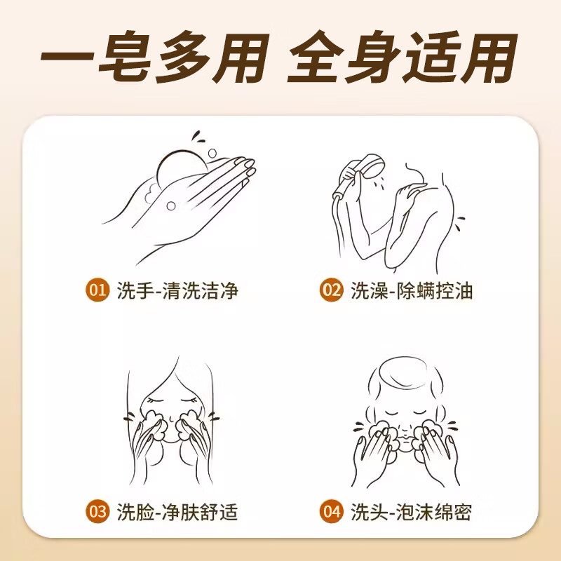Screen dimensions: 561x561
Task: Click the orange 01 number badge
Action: click(97, 290)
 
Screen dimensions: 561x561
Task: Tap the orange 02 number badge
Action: click(331, 290)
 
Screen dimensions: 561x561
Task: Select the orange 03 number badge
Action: click(97, 511)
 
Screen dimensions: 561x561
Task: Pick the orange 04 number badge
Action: click(331, 511)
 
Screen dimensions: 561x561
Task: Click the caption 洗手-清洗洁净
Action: click(177, 290)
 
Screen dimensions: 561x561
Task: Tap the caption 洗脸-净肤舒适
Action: click(177, 511)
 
